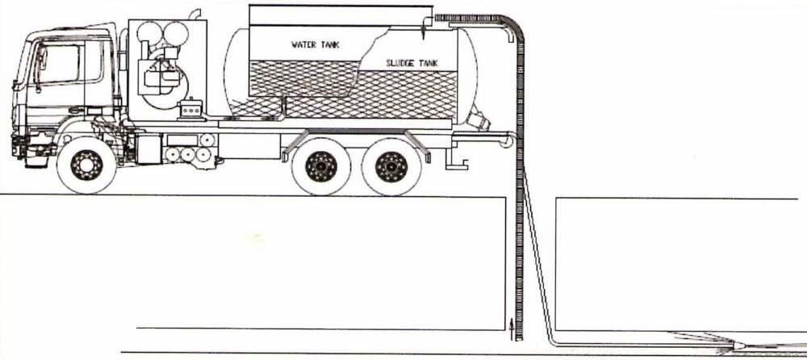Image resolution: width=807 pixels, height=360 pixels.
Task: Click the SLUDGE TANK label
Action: pos(412,63)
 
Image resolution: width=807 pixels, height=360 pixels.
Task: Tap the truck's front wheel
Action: pos(86,165)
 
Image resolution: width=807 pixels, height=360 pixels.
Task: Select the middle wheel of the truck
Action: pos(321,166)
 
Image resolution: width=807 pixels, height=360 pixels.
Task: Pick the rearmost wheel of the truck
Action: pos(391,166)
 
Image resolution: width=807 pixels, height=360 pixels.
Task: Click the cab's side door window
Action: pos(59,64)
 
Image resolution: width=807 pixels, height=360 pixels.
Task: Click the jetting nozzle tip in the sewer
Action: pos(739,343)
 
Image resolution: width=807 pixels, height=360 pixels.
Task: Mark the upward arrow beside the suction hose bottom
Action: pos(511,329)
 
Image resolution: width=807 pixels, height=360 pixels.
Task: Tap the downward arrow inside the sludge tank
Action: pos(423,28)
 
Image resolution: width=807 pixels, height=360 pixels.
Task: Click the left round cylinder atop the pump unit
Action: pos(149,33)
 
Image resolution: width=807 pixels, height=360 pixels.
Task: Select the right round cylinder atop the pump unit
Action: pos(175,33)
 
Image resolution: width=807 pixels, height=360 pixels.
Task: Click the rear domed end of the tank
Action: pos(466,77)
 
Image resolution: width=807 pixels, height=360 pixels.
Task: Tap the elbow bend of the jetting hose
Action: pos(550,340)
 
